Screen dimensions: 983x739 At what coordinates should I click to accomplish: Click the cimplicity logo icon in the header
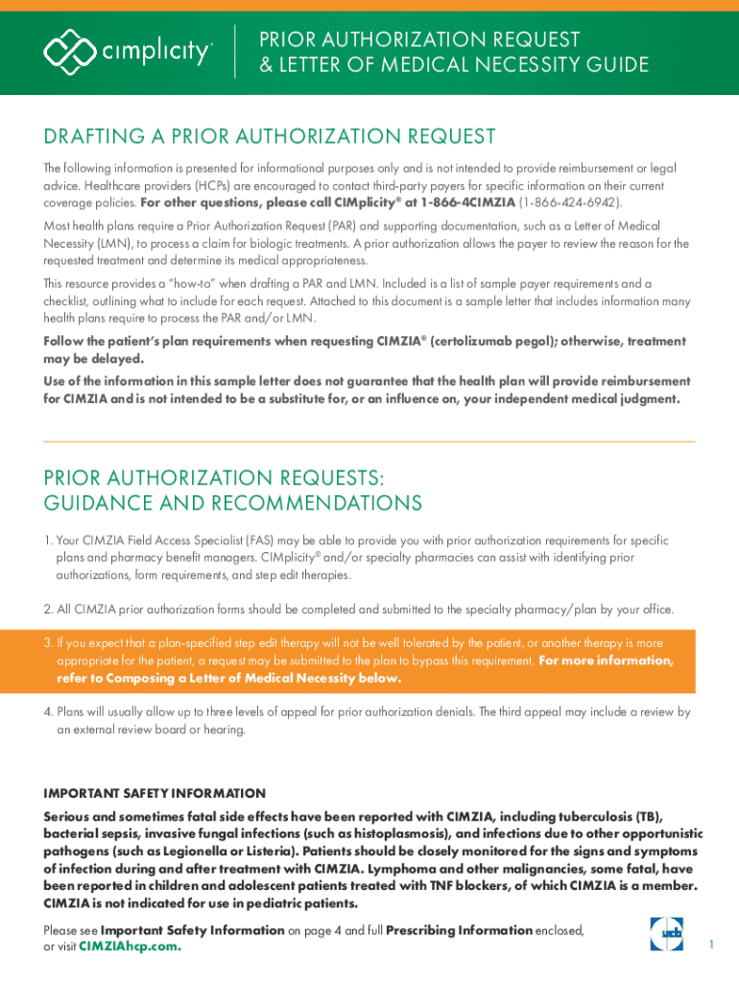[x=71, y=49]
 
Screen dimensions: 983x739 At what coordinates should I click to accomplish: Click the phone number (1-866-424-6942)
[x=570, y=203]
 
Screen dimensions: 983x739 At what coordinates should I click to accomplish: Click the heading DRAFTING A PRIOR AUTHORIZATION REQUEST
[x=270, y=136]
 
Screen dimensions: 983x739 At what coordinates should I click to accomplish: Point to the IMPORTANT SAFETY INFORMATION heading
[x=155, y=793]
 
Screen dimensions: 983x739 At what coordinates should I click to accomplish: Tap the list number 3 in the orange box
[x=48, y=643]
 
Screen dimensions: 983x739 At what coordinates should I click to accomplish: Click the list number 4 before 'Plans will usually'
[x=48, y=712]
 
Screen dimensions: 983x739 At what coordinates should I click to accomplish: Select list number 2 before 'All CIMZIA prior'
[x=48, y=610]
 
